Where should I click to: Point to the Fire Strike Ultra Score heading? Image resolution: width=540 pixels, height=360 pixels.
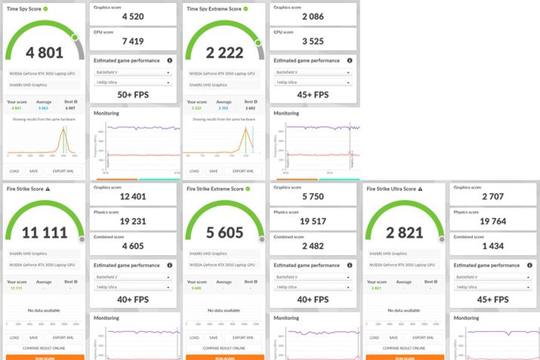coord(390,189)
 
